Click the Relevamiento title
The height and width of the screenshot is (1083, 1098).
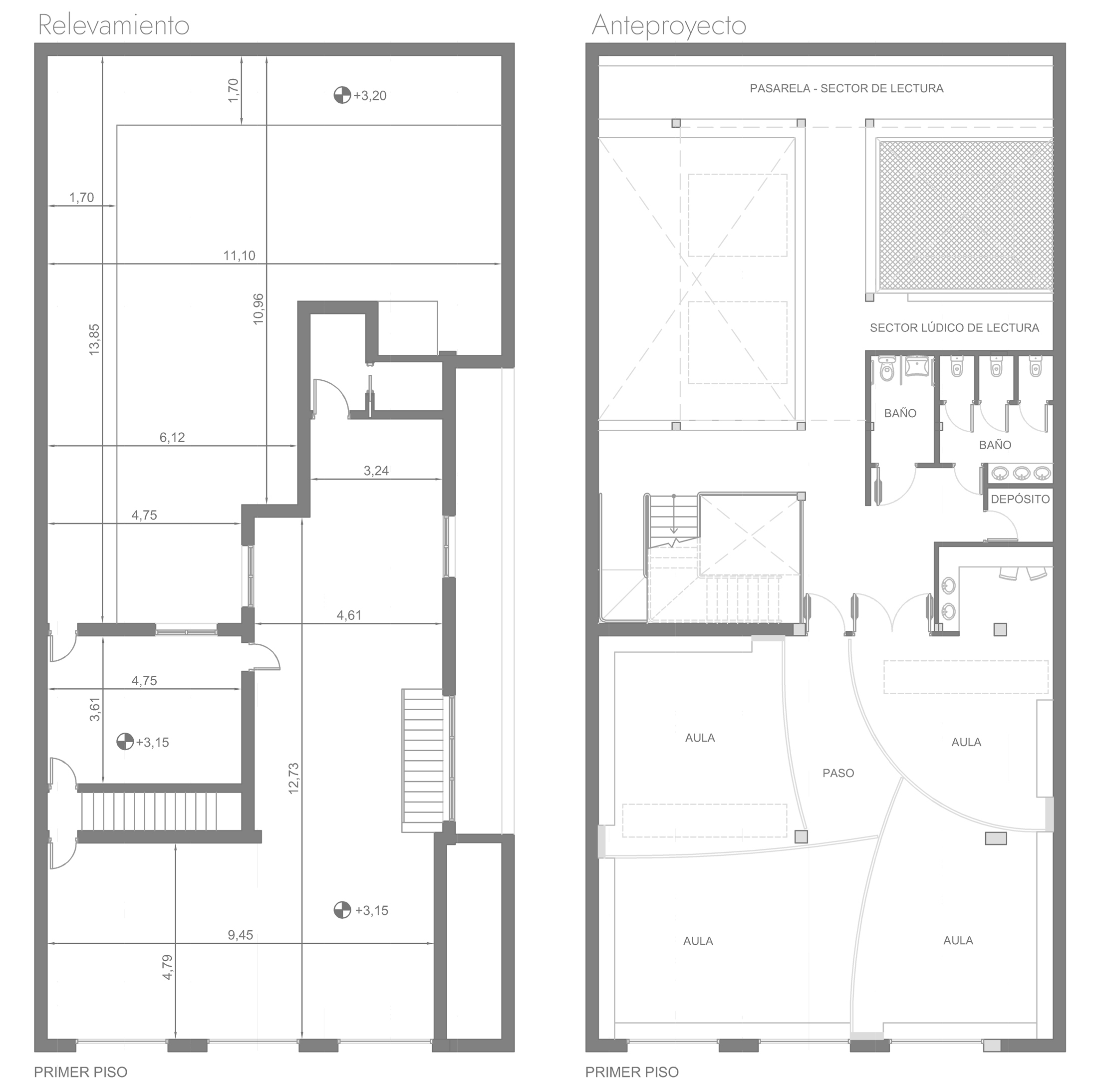click(113, 25)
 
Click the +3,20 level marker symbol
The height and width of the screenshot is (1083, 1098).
click(341, 95)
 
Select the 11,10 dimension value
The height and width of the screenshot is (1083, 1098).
click(239, 256)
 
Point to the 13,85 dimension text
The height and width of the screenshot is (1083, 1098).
click(94, 340)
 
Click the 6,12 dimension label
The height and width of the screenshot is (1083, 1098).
click(172, 438)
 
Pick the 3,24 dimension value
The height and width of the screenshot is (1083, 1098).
click(376, 471)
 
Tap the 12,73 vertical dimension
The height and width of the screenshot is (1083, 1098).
click(294, 779)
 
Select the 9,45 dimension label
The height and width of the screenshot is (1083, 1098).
click(241, 935)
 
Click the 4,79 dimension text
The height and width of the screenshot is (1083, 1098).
click(168, 967)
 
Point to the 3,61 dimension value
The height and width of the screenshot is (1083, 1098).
click(95, 710)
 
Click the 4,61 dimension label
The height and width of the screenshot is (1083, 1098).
click(349, 615)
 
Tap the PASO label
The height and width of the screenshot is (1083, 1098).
click(838, 773)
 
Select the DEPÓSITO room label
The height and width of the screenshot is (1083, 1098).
click(1020, 500)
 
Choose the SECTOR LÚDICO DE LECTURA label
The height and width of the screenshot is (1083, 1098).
click(954, 328)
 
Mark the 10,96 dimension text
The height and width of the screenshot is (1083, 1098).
click(259, 309)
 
